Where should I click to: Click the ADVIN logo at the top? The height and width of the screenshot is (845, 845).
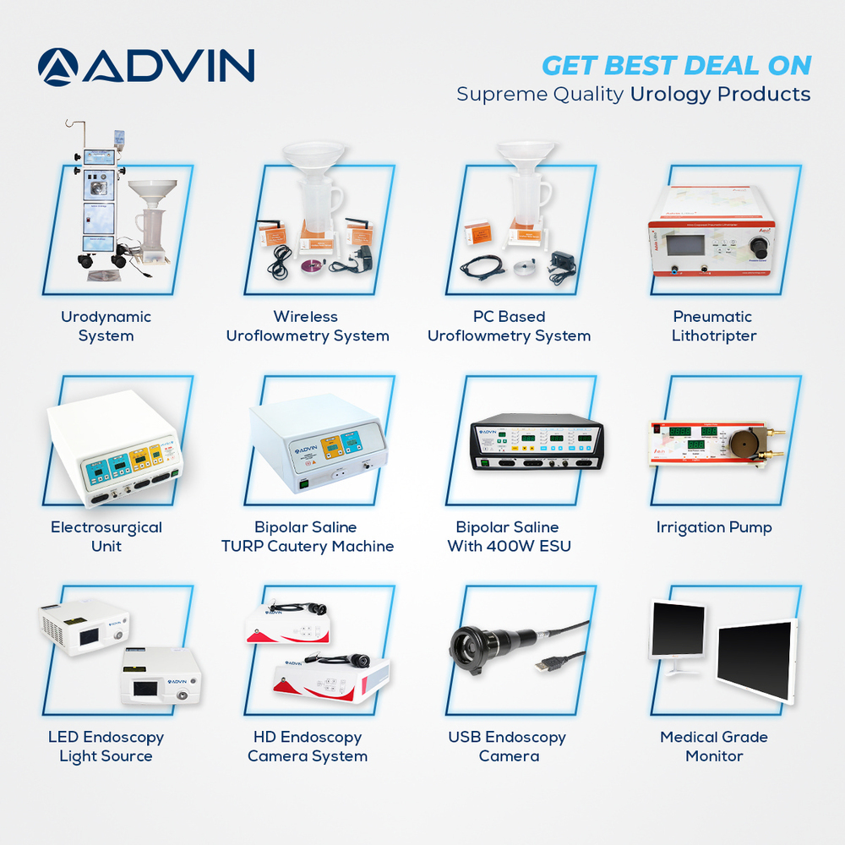(x=146, y=67)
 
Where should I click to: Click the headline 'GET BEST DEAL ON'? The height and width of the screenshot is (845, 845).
(x=676, y=65)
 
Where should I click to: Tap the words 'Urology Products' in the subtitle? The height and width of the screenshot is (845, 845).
(x=720, y=94)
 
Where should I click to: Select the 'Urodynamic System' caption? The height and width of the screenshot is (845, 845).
(x=106, y=326)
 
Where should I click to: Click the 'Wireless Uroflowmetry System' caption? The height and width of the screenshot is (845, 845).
(x=307, y=326)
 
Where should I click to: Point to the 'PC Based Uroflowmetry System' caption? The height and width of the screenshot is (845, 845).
(x=509, y=326)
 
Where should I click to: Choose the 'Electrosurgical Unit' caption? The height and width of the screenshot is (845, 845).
(x=106, y=537)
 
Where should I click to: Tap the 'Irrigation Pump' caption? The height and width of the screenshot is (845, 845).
(x=714, y=527)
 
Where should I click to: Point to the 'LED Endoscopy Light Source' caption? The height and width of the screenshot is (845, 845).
(x=106, y=746)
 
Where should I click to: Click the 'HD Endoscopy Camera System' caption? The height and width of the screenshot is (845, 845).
(x=307, y=746)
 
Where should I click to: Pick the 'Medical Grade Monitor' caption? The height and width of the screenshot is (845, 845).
(x=714, y=746)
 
